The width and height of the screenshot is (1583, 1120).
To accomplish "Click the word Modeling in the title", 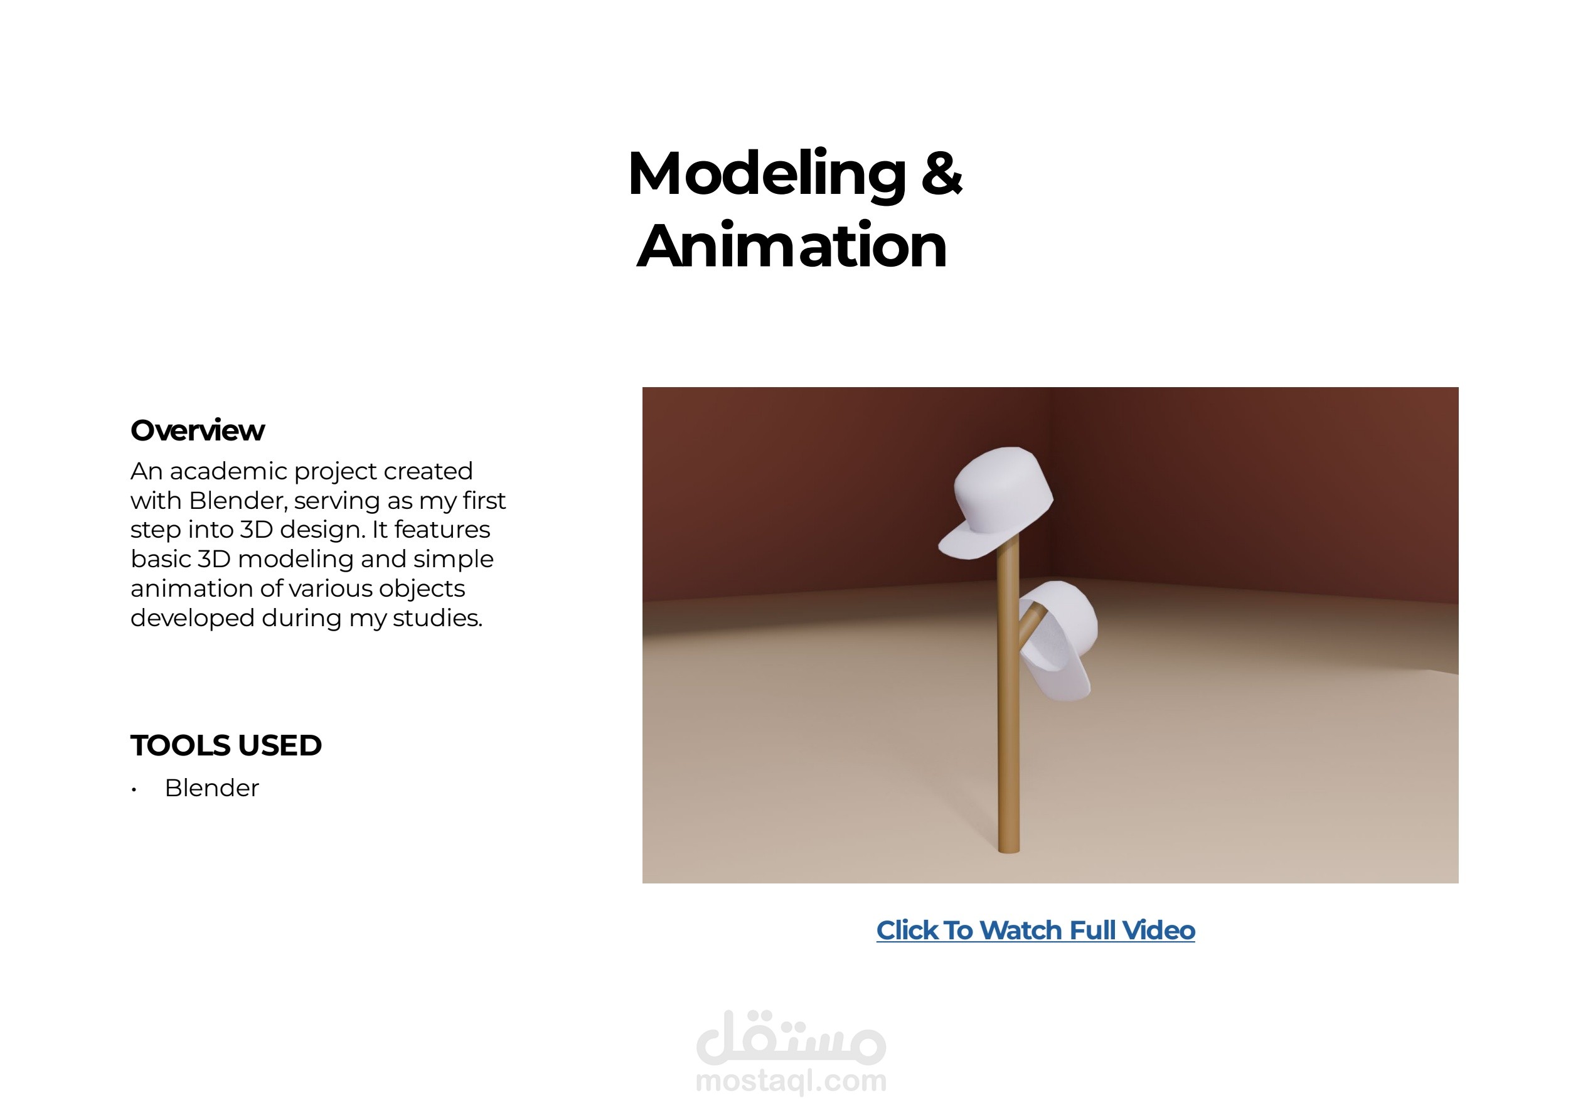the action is tap(767, 175).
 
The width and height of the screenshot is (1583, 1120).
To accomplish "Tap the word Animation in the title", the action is tap(792, 245).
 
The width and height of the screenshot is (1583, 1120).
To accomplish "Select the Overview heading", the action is tap(197, 430).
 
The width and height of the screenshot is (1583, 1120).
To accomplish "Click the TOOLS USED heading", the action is tap(226, 745).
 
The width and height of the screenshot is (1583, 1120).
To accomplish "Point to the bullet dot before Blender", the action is tap(134, 790).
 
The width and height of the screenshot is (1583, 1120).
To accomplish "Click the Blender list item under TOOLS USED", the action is tap(211, 787).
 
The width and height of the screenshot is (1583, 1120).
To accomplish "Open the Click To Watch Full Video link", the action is tap(1035, 931).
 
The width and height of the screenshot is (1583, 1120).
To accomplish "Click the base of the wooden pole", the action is tap(1009, 848).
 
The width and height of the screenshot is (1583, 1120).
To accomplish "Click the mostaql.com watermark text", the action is tap(791, 1081).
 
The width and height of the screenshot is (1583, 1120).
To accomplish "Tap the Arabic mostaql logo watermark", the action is tap(791, 1037).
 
